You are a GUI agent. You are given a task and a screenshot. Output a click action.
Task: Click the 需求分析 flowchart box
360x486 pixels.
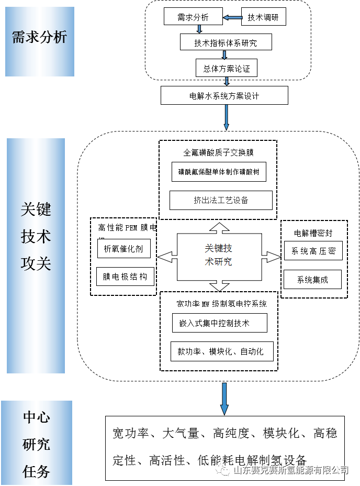point(193,17)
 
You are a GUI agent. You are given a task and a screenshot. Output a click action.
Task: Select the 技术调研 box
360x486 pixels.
point(263,17)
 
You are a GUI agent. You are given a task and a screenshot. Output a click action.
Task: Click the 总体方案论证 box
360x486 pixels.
point(226,68)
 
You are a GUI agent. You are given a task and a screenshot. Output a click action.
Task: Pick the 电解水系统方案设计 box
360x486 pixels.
point(224,96)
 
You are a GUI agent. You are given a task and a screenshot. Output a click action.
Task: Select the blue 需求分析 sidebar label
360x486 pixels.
point(39,38)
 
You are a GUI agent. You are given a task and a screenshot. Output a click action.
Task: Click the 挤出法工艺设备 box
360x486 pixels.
point(221,200)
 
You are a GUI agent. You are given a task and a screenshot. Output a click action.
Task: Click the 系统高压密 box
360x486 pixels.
point(313,251)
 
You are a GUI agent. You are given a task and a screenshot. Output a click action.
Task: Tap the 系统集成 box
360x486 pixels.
point(312,279)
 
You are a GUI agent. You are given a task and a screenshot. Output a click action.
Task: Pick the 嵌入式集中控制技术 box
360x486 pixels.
point(219,323)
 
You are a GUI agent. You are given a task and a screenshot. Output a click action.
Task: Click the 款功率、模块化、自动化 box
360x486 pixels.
point(222,351)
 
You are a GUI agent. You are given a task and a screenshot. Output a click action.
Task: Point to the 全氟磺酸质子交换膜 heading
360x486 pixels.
point(218,153)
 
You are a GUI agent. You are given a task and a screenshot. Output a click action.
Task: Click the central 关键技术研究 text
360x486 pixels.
point(219,255)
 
